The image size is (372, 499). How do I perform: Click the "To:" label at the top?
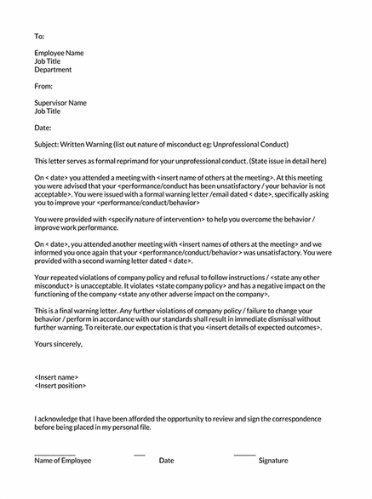click(38, 37)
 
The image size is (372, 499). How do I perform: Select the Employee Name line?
click(59, 53)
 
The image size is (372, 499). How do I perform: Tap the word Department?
click(53, 70)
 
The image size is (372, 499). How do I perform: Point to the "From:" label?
click(43, 86)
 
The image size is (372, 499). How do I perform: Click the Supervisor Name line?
click(60, 102)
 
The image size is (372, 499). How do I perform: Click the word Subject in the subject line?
click(47, 144)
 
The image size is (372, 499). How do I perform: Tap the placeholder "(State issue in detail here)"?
click(295, 160)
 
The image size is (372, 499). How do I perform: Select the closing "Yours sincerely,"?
click(59, 343)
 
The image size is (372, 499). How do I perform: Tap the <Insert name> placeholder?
click(56, 376)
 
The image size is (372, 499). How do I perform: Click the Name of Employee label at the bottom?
click(62, 461)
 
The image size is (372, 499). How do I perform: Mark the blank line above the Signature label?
click(244, 453)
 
